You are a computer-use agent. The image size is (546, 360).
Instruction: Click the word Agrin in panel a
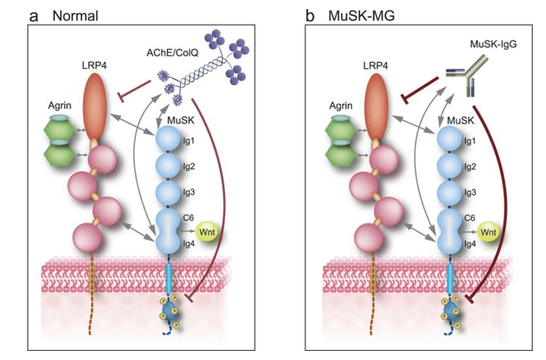pyautogui.click(x=56, y=106)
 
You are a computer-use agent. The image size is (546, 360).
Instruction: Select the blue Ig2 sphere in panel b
pyautogui.click(x=446, y=167)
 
